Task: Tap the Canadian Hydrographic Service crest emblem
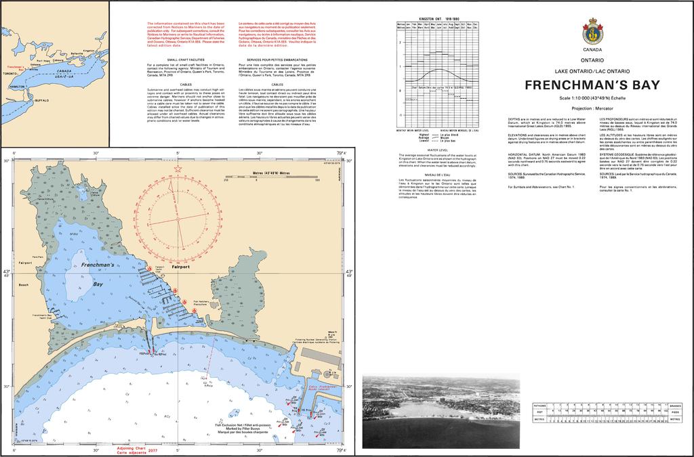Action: pos(592,31)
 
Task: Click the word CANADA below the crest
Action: pos(592,50)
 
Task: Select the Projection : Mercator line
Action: pos(592,108)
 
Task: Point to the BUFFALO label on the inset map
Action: pos(41,100)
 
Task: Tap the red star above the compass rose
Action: pos(178,168)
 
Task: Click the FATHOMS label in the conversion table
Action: pos(540,404)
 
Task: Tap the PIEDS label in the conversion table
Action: pos(676,412)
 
